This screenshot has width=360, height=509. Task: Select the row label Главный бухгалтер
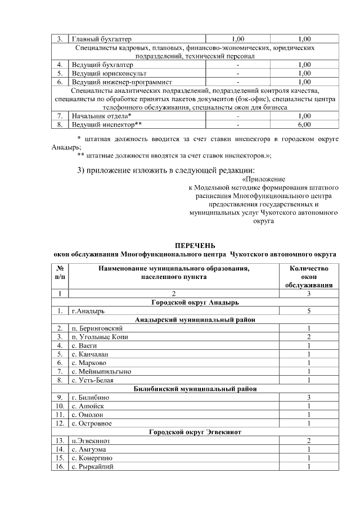coord(101,39)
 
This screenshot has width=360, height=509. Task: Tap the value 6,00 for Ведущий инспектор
coord(304,124)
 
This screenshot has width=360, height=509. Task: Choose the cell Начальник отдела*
coord(101,116)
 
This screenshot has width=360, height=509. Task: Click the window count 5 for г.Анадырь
coord(309,310)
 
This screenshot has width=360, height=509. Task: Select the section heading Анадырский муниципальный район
coord(195,319)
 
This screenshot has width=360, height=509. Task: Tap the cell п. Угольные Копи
coord(99,336)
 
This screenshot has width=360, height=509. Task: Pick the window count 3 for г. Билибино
coord(309,398)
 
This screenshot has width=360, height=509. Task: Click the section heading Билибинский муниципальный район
coord(195,389)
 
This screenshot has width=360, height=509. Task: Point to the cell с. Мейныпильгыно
coord(101,372)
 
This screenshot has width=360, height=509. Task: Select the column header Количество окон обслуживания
coord(309,276)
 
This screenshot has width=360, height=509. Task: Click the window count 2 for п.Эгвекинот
coord(309,441)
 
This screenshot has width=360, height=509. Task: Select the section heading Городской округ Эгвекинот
coord(195,432)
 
